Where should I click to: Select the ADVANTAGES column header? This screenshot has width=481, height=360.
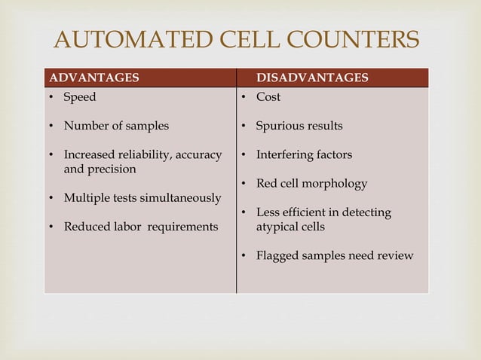pyautogui.click(x=93, y=78)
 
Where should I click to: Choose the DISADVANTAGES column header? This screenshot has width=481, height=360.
pyautogui.click(x=312, y=78)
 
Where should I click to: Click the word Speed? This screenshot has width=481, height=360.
pyautogui.click(x=80, y=97)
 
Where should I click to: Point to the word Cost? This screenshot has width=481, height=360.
pyautogui.click(x=268, y=97)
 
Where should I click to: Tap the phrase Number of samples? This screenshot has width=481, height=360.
pyautogui.click(x=116, y=126)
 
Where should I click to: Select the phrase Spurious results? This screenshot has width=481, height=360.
pyautogui.click(x=299, y=126)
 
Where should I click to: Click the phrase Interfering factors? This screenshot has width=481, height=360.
pyautogui.click(x=304, y=154)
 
